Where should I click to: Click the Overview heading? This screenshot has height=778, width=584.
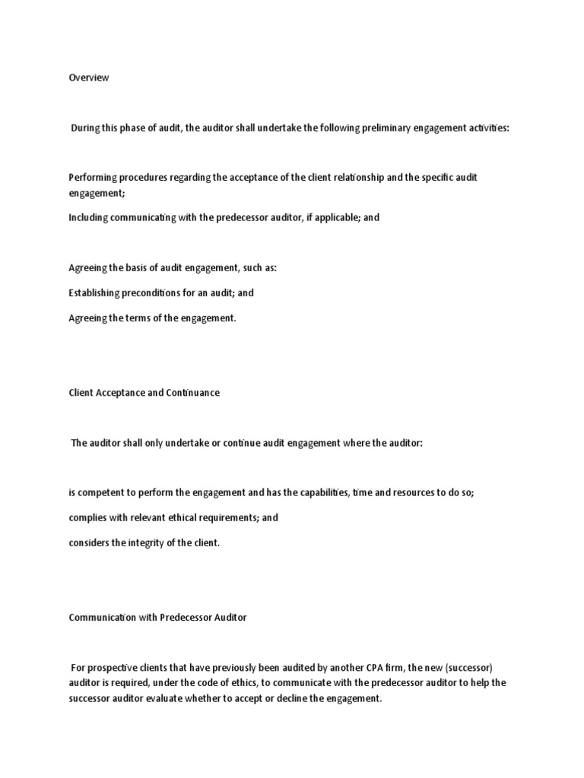pyautogui.click(x=88, y=77)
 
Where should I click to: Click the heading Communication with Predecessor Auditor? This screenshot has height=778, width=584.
pyautogui.click(x=157, y=618)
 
